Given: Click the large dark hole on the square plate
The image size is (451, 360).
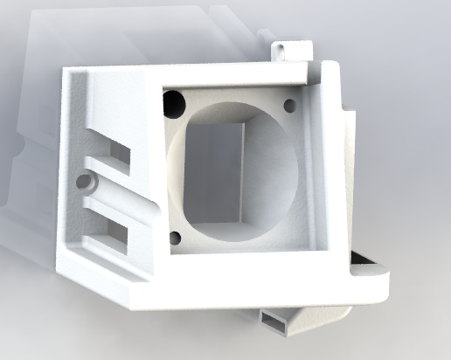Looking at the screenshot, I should (x=173, y=103).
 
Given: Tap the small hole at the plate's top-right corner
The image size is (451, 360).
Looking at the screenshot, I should (x=289, y=105).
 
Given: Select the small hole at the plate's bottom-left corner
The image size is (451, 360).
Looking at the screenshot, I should (x=176, y=236).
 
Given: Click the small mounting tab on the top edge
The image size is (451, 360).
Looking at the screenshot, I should (x=289, y=49).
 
